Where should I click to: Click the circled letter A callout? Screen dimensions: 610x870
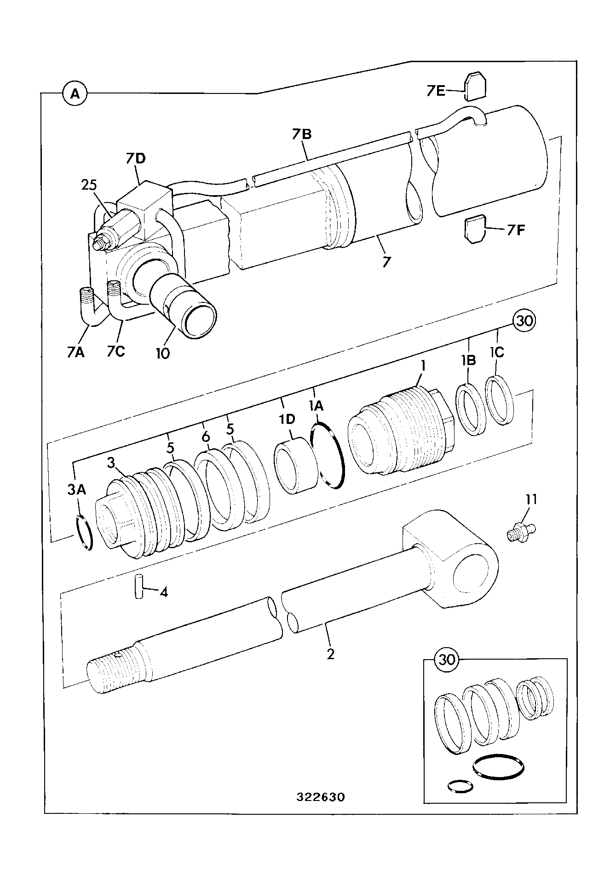pyautogui.click(x=74, y=94)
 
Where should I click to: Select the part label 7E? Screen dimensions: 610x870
pyautogui.click(x=436, y=91)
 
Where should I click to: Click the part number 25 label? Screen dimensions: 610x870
pyautogui.click(x=89, y=185)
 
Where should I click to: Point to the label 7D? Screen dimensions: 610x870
pyautogui.click(x=135, y=159)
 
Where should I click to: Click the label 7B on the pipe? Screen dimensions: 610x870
pyautogui.click(x=302, y=134)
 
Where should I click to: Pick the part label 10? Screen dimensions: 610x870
pyautogui.click(x=162, y=353)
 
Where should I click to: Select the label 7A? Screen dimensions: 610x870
pyautogui.click(x=75, y=353)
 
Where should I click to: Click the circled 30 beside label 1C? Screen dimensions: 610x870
pyautogui.click(x=524, y=320)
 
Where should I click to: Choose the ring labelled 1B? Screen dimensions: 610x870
pyautogui.click(x=471, y=409)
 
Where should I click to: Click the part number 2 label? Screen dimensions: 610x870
pyautogui.click(x=330, y=654)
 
